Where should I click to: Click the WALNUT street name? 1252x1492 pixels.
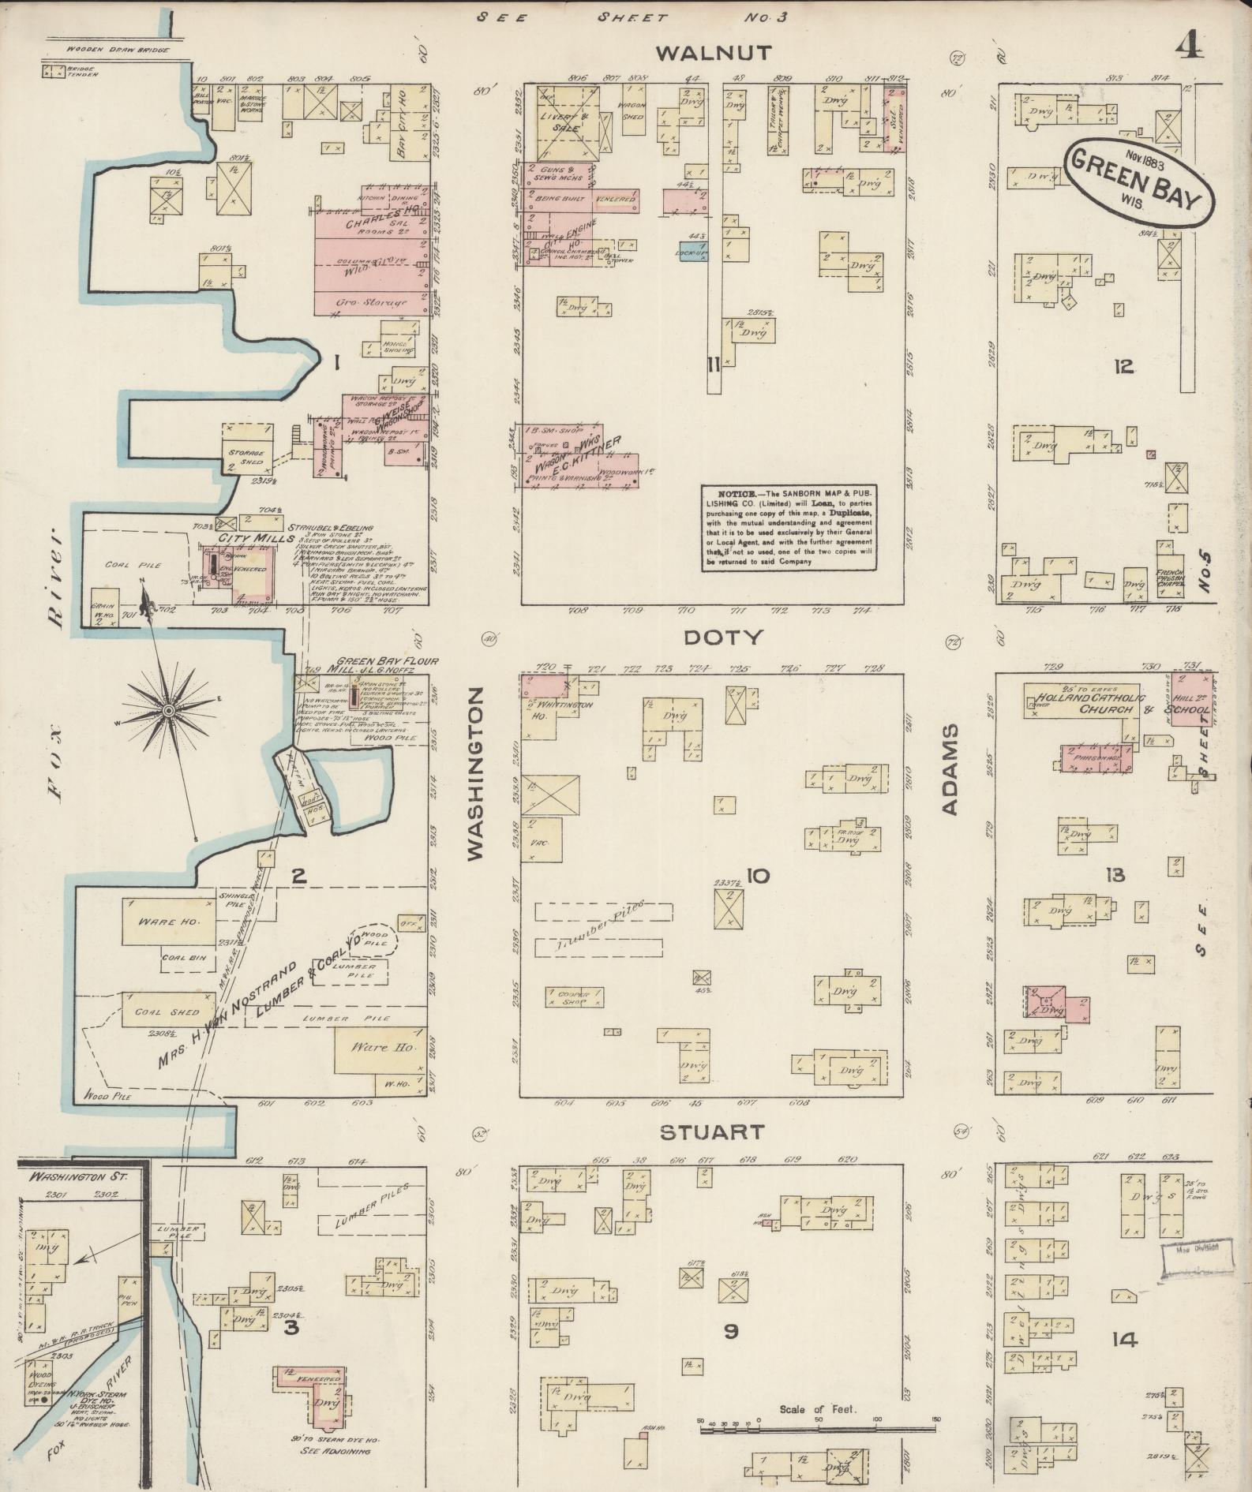713,54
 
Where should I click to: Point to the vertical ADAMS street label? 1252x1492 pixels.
950,770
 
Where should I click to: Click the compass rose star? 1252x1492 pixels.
168,711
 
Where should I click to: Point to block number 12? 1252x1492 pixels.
1124,366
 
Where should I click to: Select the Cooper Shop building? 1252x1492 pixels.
574,997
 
